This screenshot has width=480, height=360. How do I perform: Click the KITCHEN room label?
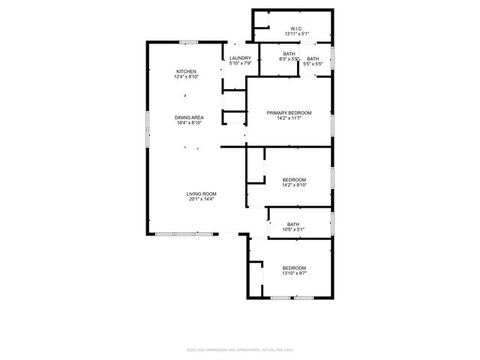186,71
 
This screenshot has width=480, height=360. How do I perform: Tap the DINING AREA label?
189,117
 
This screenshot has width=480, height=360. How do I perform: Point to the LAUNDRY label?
240,58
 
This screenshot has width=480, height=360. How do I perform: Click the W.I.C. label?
297,28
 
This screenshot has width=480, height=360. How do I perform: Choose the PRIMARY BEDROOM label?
289,112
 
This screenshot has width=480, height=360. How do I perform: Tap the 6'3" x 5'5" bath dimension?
289,58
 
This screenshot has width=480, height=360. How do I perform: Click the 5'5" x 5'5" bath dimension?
313,64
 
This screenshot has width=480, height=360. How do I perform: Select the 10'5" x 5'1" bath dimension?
293,229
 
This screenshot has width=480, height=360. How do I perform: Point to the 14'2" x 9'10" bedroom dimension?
294,184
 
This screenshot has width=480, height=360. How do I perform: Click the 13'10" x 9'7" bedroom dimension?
294,273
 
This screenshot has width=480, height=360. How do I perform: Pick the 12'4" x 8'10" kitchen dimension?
186,76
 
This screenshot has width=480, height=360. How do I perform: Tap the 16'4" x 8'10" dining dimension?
189,122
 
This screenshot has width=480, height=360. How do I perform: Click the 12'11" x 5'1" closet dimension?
297,34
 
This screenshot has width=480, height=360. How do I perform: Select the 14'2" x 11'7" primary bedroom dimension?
289,118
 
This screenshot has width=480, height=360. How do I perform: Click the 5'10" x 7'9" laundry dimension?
240,63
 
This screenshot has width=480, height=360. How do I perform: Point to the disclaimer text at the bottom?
240,349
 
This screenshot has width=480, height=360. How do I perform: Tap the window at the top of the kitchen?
188,41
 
